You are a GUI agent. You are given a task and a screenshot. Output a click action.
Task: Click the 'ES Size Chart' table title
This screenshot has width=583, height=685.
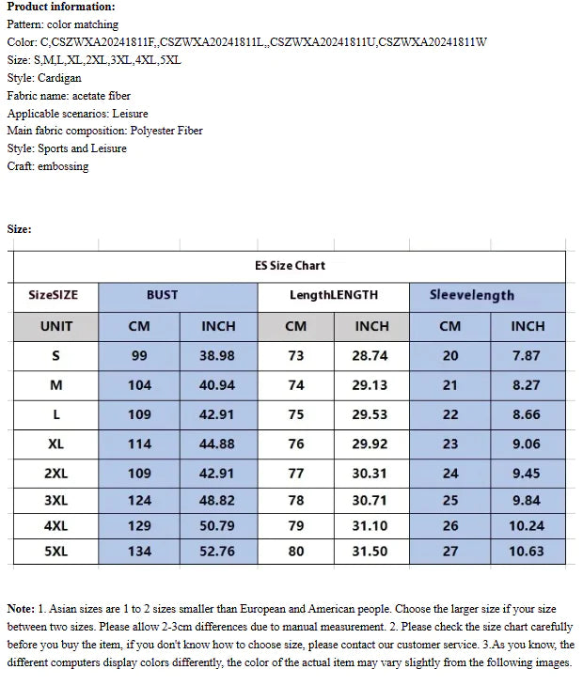point(290,266)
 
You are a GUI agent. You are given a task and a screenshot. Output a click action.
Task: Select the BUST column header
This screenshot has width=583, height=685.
point(162,295)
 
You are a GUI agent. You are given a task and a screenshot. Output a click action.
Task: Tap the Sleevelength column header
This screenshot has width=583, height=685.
point(471,295)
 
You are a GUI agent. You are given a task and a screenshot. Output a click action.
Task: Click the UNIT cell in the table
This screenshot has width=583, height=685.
point(55,326)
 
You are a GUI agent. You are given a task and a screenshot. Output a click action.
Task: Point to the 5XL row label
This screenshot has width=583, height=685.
point(55,551)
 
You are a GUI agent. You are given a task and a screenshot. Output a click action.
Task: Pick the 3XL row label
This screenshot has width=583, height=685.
point(55,501)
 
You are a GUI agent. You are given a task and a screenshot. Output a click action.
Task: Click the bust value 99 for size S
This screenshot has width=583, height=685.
point(139,356)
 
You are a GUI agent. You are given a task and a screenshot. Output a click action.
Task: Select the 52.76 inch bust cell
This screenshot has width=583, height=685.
point(218,551)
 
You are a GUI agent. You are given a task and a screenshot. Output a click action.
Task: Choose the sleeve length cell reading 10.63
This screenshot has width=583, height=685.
point(526,551)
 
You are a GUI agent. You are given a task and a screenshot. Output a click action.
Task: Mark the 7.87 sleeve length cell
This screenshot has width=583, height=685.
point(526,356)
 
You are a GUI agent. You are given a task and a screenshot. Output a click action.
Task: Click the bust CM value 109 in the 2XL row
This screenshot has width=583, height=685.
point(139,474)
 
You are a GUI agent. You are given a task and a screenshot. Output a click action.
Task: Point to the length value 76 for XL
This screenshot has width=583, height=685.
point(295,444)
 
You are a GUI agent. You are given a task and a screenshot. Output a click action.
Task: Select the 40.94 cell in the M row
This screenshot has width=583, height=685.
point(218,385)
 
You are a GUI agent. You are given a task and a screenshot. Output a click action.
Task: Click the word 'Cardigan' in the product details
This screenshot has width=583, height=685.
point(60,78)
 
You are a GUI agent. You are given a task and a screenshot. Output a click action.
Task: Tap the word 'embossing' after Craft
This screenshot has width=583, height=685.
point(63,166)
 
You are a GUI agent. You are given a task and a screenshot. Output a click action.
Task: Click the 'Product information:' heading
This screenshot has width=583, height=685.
point(60,7)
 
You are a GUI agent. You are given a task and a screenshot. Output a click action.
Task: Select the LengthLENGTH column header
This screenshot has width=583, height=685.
point(333,295)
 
